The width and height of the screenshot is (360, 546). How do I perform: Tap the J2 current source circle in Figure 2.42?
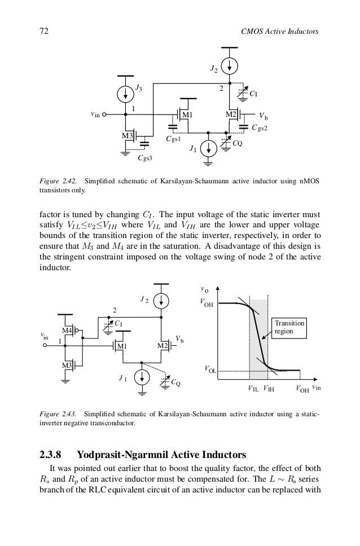tap(230, 67)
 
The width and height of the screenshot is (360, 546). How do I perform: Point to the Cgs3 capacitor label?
tap(146, 158)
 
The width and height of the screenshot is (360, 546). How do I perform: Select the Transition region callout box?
tap(289, 328)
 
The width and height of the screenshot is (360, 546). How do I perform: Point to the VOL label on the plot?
tap(209, 370)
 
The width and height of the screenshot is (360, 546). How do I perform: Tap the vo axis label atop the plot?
tap(204, 290)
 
